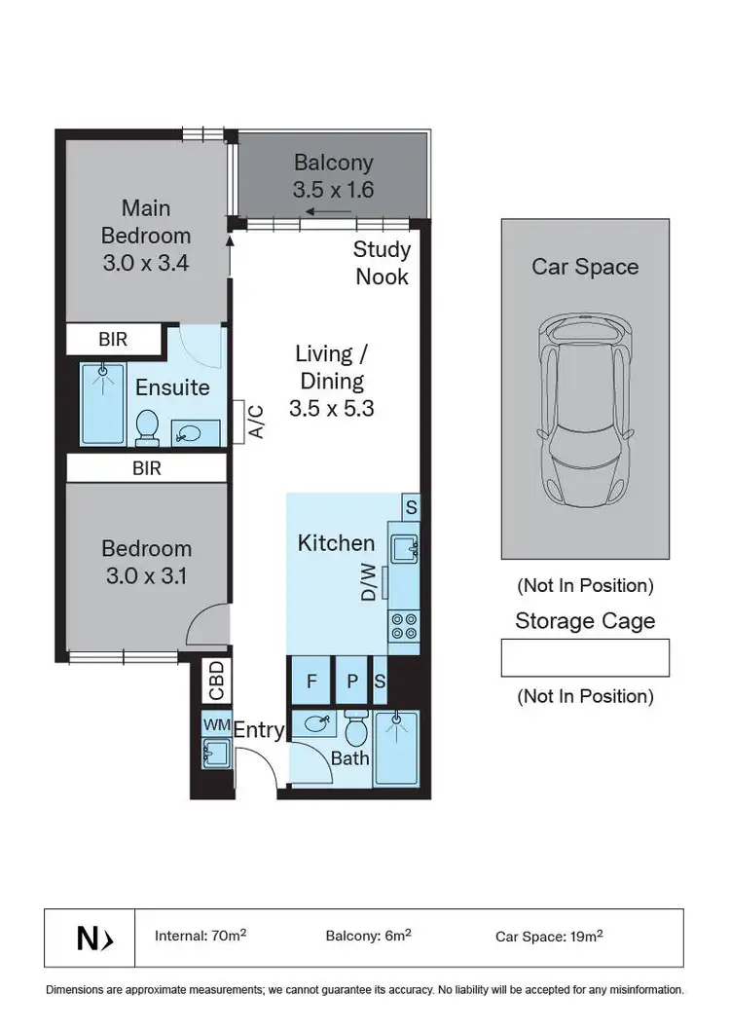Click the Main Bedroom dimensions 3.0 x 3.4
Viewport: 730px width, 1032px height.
145,263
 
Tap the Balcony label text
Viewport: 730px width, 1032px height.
333,163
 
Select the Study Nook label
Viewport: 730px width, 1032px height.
382,263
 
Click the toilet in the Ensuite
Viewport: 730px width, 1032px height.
147,426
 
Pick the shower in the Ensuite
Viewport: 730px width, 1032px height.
101,404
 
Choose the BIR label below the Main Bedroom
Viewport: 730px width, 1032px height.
114,340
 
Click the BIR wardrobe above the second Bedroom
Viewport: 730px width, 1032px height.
146,468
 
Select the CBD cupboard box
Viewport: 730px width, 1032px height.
216,681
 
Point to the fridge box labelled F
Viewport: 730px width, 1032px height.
311,682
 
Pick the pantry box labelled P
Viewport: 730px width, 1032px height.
351,682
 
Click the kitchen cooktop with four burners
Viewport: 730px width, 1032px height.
404,625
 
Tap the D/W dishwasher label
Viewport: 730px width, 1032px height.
369,582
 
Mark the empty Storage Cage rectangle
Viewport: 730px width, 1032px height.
585,657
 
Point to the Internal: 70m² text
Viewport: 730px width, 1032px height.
200,937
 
